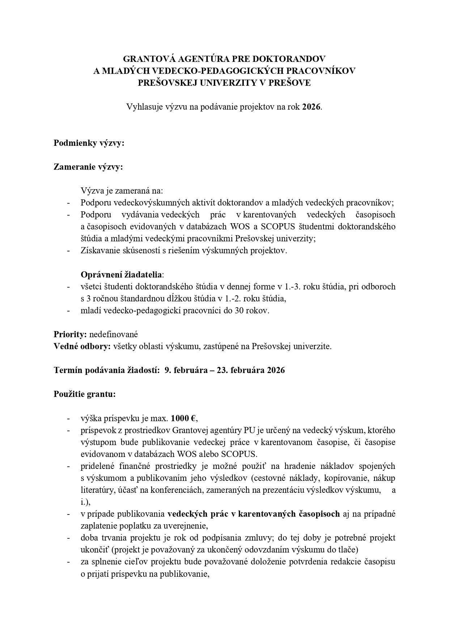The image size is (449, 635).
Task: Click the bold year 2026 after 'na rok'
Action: [312, 107]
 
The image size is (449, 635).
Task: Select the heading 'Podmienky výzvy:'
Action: [89, 143]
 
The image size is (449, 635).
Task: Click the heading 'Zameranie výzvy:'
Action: [88, 167]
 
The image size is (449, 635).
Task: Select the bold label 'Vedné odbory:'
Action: [82, 347]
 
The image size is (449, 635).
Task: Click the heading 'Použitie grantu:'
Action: [85, 394]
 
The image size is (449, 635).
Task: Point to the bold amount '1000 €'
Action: [184, 419]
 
